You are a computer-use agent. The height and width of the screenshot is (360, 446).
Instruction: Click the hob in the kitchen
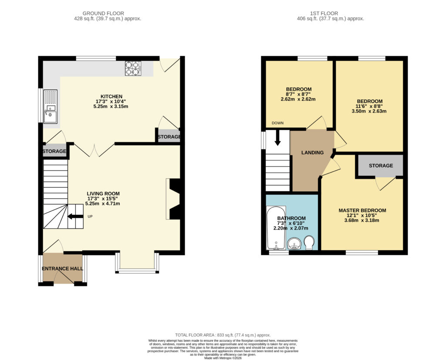(x=133, y=68)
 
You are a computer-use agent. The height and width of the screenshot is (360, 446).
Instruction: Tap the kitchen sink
(x=51, y=106)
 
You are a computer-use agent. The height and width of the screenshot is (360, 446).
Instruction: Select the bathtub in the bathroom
(x=276, y=228)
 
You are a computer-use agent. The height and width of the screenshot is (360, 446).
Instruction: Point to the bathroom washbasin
(x=294, y=244)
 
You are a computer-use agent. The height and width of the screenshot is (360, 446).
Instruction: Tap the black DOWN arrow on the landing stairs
(x=277, y=138)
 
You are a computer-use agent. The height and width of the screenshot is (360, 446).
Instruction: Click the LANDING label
(x=312, y=153)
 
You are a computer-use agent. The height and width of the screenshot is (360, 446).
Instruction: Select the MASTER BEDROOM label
(x=362, y=211)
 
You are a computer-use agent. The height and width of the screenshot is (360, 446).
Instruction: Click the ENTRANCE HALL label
(x=63, y=268)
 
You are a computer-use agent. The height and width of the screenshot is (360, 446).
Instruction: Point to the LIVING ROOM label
(x=103, y=194)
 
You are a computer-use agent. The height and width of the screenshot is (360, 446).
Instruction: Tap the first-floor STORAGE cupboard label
(x=381, y=166)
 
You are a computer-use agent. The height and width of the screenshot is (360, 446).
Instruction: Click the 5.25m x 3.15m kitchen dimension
(x=111, y=106)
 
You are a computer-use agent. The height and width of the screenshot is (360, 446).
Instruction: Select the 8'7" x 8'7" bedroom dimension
(x=298, y=94)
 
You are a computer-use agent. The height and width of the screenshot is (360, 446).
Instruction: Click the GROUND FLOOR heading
(x=103, y=14)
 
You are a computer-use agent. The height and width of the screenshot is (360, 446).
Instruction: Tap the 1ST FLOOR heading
(x=324, y=14)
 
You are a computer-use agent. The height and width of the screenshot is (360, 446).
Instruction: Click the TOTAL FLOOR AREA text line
(x=223, y=335)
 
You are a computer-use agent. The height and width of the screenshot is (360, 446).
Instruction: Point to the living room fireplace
(x=173, y=199)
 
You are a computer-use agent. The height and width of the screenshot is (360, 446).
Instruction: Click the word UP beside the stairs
(x=90, y=217)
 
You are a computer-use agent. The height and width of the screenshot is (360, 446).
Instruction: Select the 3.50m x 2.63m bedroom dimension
(x=369, y=111)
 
